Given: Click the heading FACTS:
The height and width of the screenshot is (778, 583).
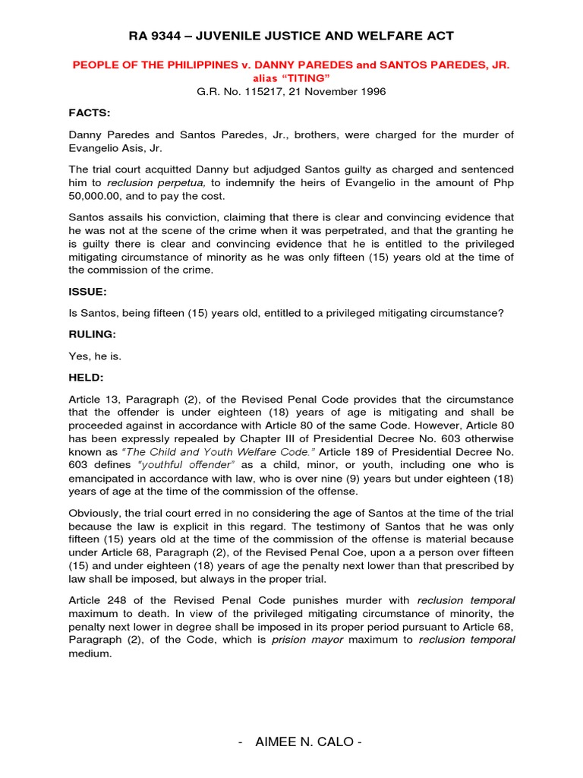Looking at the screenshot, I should [90, 113].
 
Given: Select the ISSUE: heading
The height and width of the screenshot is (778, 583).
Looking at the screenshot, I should [88, 291].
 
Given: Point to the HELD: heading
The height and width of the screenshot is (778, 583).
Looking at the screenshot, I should [87, 378].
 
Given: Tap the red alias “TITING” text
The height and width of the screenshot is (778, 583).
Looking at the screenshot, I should [291, 78].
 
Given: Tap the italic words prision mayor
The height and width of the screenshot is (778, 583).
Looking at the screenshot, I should [303, 639].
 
